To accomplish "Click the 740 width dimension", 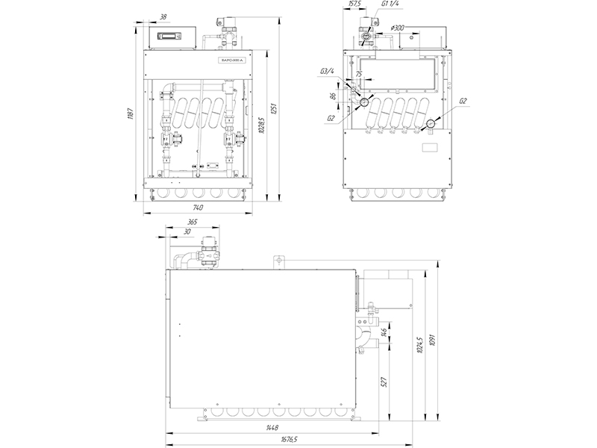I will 199,207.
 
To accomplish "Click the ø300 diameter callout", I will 398,28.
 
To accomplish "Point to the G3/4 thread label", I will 326,72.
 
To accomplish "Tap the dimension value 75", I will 358,75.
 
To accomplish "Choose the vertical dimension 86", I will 332,96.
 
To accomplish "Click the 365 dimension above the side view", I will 191,223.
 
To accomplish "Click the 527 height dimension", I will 384,382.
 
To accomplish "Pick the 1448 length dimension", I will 270,428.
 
